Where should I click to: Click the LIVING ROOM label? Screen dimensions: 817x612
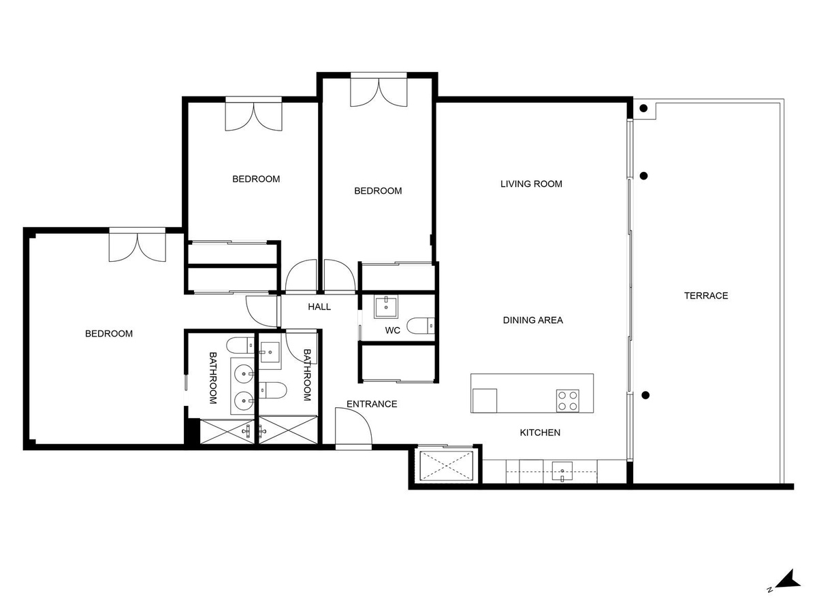tap(531, 184)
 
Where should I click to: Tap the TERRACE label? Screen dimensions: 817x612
tap(706, 295)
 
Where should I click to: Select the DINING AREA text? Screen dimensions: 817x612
tap(532, 320)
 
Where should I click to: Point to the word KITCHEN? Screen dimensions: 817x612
tap(540, 432)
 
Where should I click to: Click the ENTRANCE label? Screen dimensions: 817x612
tap(372, 404)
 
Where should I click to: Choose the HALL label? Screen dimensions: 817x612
tap(319, 307)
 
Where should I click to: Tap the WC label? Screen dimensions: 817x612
tap(392, 330)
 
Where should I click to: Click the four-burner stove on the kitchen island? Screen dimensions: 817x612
tap(567, 401)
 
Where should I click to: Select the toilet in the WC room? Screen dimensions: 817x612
tap(420, 326)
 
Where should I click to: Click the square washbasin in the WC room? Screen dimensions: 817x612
tap(386, 307)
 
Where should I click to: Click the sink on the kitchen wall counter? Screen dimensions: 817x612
tap(562, 471)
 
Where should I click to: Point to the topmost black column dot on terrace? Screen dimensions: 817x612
tap(643, 109)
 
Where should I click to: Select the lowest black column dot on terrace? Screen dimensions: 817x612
tap(645, 395)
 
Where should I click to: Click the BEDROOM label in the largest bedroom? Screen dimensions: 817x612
tap(109, 334)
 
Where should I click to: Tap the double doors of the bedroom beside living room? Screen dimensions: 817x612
tap(379, 92)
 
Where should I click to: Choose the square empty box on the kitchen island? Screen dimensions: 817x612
tap(484, 401)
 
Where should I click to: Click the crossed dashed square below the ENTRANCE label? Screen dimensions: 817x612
tap(446, 465)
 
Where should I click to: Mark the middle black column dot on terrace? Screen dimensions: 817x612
tap(643, 175)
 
